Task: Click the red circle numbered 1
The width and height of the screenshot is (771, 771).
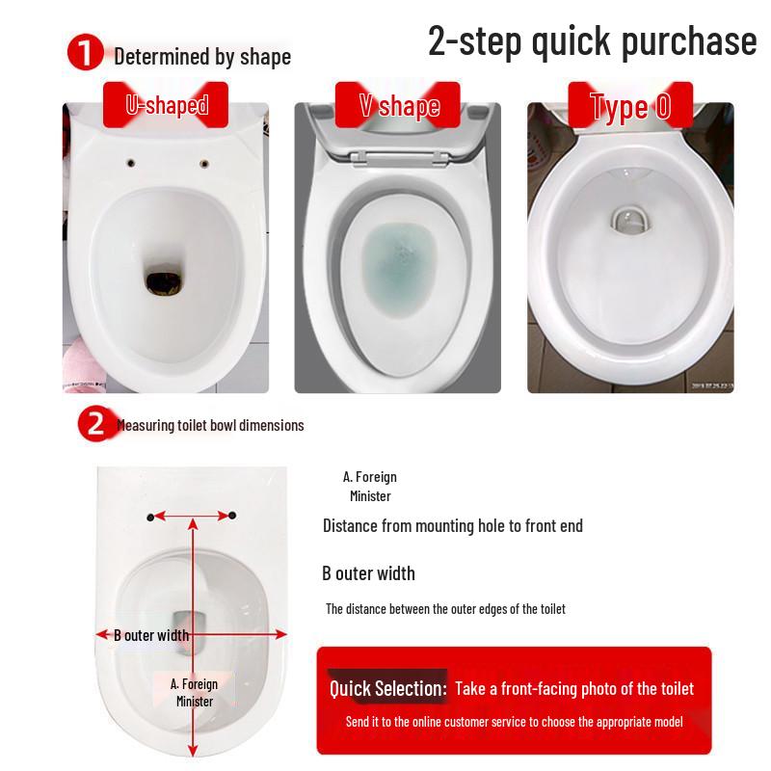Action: tap(85, 52)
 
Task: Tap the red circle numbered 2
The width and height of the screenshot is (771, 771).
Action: tap(94, 423)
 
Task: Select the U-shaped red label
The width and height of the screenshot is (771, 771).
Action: tap(166, 105)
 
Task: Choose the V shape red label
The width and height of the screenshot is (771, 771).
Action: tap(398, 105)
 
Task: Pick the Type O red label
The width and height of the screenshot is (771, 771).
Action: tap(630, 105)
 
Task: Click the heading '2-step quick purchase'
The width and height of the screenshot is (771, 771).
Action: tap(593, 40)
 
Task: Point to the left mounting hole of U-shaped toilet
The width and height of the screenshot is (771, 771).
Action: tap(131, 163)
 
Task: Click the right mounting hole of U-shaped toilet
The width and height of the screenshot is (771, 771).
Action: tap(204, 164)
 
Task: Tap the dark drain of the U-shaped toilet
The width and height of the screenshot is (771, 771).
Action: tap(165, 281)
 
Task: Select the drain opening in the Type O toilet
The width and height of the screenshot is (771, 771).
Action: tap(630, 221)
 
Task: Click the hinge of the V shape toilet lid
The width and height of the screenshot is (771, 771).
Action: tap(399, 158)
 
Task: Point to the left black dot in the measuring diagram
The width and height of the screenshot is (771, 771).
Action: tap(150, 517)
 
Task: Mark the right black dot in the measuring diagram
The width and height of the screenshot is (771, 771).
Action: tap(232, 516)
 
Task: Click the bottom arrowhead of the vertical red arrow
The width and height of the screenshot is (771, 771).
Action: tap(193, 750)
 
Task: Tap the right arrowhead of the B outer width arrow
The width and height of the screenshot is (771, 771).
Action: tap(280, 634)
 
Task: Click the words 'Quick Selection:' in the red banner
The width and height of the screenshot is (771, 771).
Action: tap(388, 688)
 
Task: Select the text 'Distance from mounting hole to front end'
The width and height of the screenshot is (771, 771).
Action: tap(453, 525)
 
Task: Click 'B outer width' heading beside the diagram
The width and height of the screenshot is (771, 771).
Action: tap(368, 573)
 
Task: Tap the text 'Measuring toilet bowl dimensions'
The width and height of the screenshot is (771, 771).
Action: tap(210, 425)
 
